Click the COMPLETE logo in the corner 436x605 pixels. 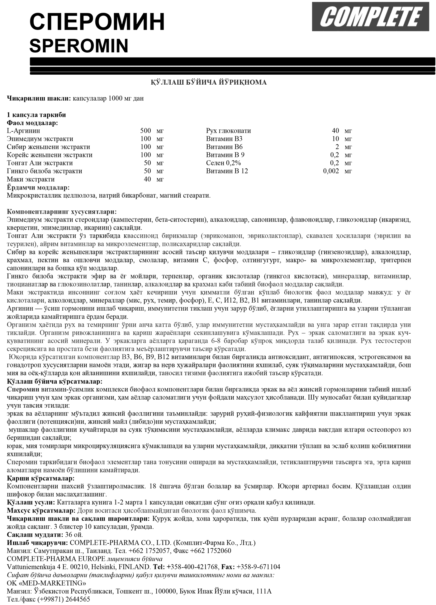coord(370,16)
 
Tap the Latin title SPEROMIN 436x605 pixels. coord(79,46)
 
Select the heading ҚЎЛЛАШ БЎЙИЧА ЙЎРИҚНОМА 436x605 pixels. coord(209,82)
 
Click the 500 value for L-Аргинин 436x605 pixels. coord(145,131)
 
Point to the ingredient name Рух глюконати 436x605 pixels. coord(228,131)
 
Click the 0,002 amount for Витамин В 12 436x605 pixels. coord(331,171)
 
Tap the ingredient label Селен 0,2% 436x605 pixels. coord(223,163)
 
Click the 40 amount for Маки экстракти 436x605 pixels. coord(147,179)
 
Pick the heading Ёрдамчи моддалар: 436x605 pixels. coord(38,187)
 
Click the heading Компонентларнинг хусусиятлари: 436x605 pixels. coord(62,212)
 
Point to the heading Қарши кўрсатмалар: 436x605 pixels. coord(40,478)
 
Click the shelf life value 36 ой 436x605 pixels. coord(74,535)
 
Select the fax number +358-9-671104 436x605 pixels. coord(258,567)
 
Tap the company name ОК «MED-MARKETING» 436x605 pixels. coord(46,583)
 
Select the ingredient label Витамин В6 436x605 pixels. coord(224,147)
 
